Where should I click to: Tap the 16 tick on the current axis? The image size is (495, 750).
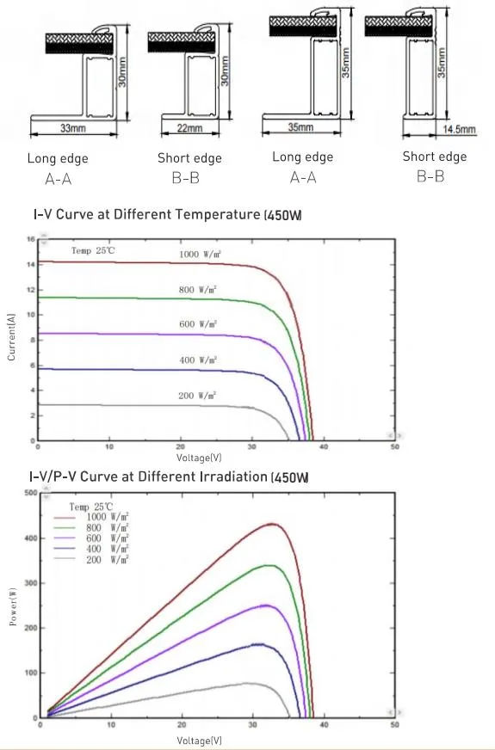30,239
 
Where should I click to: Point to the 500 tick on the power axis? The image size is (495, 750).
28,493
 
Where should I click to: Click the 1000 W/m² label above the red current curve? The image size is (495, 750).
203,255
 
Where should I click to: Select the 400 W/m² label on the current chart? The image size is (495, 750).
197,360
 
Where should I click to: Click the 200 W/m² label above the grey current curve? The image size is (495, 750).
197,395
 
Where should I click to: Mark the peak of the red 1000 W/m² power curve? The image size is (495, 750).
275,523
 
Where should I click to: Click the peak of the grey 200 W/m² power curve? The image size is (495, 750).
249,683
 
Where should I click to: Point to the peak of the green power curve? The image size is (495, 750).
270,565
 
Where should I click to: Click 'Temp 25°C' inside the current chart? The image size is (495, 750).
93,250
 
